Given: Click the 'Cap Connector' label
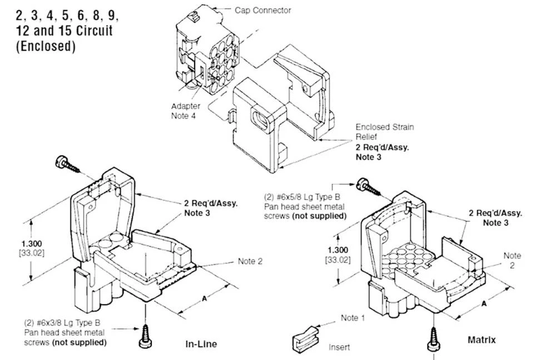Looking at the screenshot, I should [262, 10].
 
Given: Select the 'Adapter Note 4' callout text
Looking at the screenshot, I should [186, 111].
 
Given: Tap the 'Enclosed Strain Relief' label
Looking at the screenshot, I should [385, 132].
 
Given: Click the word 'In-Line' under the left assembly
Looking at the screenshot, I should [201, 344].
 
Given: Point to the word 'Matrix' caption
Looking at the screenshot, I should [481, 339].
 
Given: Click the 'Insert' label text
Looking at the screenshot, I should [339, 347].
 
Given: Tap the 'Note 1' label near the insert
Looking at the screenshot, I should [353, 318].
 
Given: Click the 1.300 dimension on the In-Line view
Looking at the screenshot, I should [33, 243].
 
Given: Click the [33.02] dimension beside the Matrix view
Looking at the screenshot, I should [337, 260].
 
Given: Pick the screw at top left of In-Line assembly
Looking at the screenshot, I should [66, 164].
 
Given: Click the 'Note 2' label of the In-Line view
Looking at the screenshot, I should [250, 261].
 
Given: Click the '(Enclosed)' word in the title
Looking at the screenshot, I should [45, 47].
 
